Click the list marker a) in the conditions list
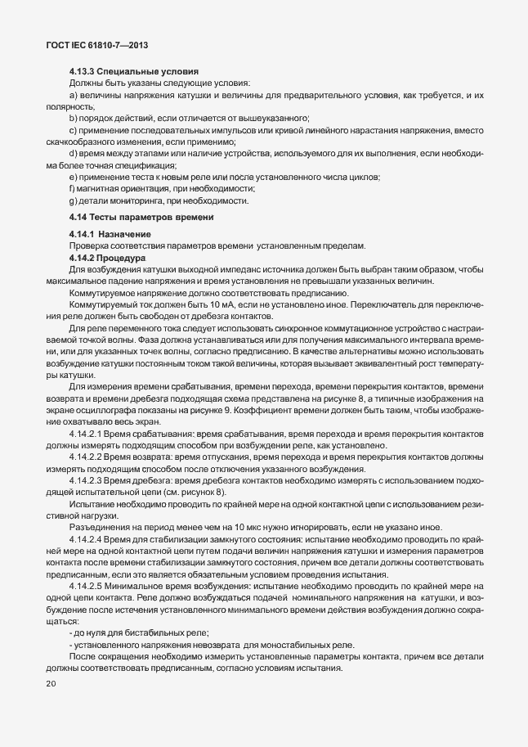click(x=74, y=97)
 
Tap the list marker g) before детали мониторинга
click(x=74, y=200)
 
